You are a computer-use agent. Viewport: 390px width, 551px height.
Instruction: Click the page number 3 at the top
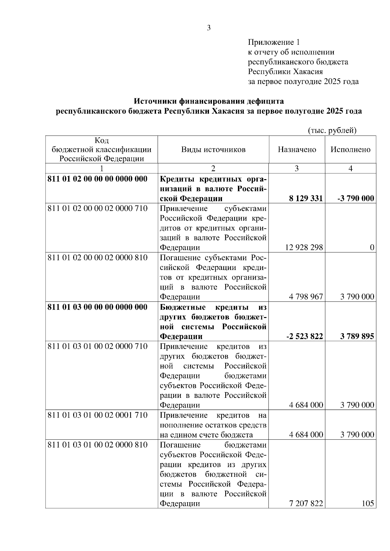pyautogui.click(x=209, y=28)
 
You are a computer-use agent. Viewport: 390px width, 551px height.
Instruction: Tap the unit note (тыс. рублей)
pyautogui.click(x=332, y=130)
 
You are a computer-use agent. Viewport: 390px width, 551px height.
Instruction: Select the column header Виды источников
pyautogui.click(x=213, y=150)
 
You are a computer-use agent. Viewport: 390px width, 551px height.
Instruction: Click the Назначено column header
pyautogui.click(x=297, y=150)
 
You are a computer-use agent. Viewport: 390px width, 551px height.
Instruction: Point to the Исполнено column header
pyautogui.click(x=350, y=150)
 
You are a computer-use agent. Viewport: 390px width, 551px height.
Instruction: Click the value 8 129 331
pyautogui.click(x=305, y=199)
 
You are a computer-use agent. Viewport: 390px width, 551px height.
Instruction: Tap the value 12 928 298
pyautogui.click(x=304, y=248)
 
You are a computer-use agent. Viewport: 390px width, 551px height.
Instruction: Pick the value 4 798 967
pyautogui.click(x=306, y=297)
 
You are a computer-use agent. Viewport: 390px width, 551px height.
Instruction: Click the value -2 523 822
pyautogui.click(x=305, y=337)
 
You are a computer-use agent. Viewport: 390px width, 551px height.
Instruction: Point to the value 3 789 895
pyautogui.click(x=357, y=337)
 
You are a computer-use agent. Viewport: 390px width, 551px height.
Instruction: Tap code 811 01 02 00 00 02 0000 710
pyautogui.click(x=97, y=208)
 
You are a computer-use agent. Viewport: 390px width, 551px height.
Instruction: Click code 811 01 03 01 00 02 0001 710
pyautogui.click(x=97, y=415)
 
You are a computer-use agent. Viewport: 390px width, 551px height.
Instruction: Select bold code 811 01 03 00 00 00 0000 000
pyautogui.click(x=97, y=307)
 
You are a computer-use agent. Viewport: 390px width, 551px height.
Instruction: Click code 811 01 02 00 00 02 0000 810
pyautogui.click(x=97, y=258)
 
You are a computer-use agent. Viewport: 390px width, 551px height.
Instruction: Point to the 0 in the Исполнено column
pyautogui.click(x=372, y=248)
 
